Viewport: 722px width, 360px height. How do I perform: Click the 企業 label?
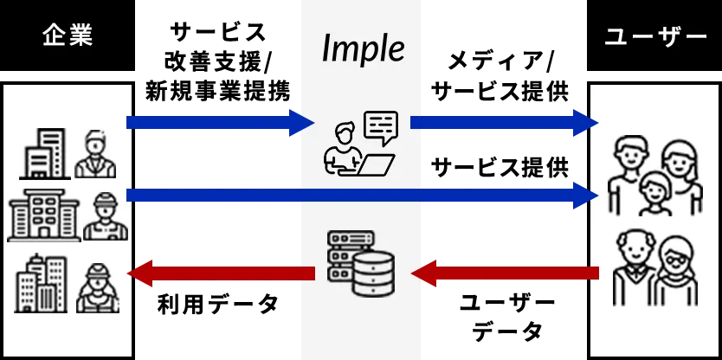coord(68,36)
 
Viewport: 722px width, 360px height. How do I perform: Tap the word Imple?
coord(363,48)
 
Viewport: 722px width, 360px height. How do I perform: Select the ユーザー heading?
coord(654,37)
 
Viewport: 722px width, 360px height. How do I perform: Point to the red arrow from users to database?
coord(506,273)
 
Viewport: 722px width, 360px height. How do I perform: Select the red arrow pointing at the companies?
coord(221,273)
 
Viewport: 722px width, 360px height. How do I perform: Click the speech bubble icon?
coord(381,127)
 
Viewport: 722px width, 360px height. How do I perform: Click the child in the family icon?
coord(654,191)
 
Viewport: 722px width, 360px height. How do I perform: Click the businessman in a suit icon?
coord(95,154)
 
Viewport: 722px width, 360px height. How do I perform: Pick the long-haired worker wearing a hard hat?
coord(97,286)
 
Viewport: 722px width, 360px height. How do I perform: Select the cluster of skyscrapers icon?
coord(42,283)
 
